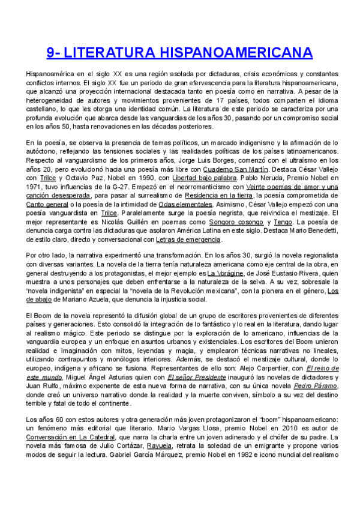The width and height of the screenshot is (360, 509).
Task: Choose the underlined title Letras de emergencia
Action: click(x=188, y=239)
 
